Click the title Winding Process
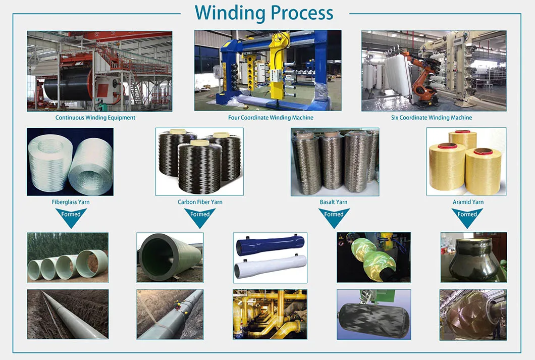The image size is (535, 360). click(264, 13)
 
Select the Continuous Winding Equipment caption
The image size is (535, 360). click(95, 118)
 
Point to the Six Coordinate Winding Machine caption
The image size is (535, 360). click(432, 118)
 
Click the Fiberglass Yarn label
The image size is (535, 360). click(71, 202)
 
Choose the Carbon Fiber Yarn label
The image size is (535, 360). click(200, 202)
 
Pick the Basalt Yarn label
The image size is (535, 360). click(334, 202)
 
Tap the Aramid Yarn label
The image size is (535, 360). click(468, 202)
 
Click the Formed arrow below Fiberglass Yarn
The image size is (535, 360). click(71, 216)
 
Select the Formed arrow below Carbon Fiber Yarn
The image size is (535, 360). click(200, 216)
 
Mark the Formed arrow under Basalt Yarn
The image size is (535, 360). click(334, 216)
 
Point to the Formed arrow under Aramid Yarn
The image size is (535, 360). click(467, 216)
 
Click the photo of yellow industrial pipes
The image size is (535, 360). click(270, 314)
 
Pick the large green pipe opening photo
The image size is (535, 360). click(170, 257)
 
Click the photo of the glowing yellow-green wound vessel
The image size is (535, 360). click(373, 257)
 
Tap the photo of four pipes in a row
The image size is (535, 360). click(68, 257)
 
